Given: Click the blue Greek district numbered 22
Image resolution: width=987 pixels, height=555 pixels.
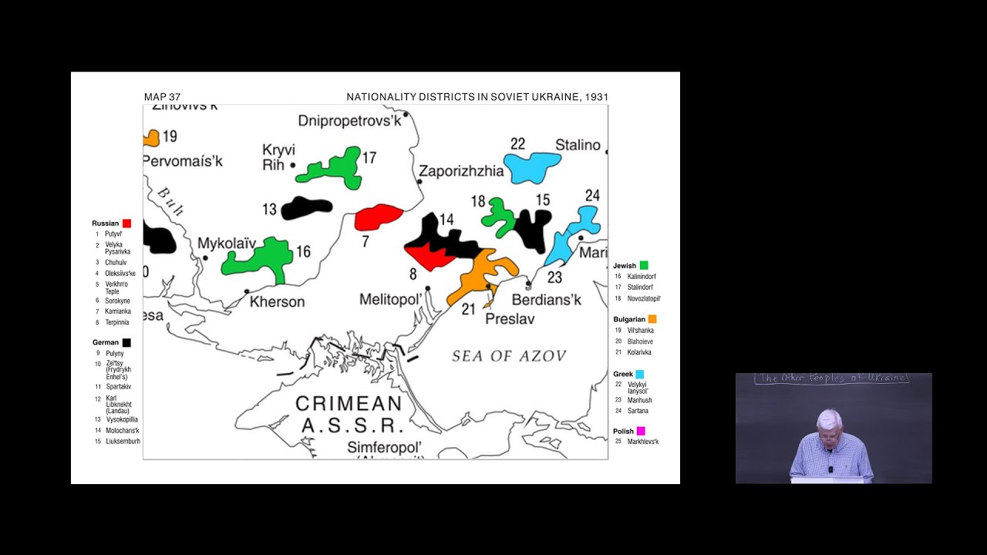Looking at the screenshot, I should pos(531,166).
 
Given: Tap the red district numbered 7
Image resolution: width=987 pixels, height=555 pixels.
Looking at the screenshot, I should pos(378,217).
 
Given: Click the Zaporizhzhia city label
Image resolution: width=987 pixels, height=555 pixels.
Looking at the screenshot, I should pos(461,171).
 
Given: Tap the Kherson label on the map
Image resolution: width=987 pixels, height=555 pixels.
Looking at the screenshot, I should pos(277,301).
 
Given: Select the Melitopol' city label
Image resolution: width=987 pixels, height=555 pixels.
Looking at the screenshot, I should pos(391,299).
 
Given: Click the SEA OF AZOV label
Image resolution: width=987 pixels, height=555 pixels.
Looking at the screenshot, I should pos(509,355).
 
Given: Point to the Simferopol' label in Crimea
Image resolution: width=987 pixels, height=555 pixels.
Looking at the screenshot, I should pos(385,447).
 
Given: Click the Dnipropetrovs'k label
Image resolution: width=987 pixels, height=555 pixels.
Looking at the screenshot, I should pos(350,121).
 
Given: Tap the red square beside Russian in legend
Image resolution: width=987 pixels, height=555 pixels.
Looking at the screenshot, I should pos(126,224).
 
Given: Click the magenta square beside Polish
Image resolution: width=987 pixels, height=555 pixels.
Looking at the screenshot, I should pos(641,431).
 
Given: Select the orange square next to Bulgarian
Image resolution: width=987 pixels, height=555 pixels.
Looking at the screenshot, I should pos(652,319).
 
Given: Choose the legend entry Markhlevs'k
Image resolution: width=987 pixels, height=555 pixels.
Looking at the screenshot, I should pos(643,442).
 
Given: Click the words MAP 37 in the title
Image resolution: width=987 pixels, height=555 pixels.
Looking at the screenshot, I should pos(162,97).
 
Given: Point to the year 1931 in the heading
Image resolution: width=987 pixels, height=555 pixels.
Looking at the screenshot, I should pos(596,97).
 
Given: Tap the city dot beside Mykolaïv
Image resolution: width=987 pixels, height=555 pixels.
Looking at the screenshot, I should pos(205,257).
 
